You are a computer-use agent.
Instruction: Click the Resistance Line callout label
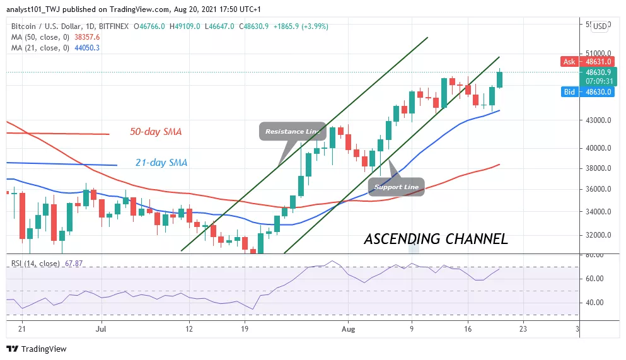[292, 131]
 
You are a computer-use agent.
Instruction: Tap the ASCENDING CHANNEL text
[436, 239]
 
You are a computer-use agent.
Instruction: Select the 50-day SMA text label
[156, 132]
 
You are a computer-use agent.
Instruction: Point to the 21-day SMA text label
[161, 162]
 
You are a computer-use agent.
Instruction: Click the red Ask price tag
[570, 62]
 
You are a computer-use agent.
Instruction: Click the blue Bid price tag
[570, 92]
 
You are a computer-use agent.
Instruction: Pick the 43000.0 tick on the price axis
[598, 120]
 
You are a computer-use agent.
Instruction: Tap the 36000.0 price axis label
[598, 189]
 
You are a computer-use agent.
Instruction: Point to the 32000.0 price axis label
[598, 235]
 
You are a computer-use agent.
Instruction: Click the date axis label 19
[245, 328]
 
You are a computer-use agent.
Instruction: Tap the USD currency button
[600, 26]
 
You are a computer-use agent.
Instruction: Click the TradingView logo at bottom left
[36, 349]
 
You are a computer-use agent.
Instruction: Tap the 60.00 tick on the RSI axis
[595, 279]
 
